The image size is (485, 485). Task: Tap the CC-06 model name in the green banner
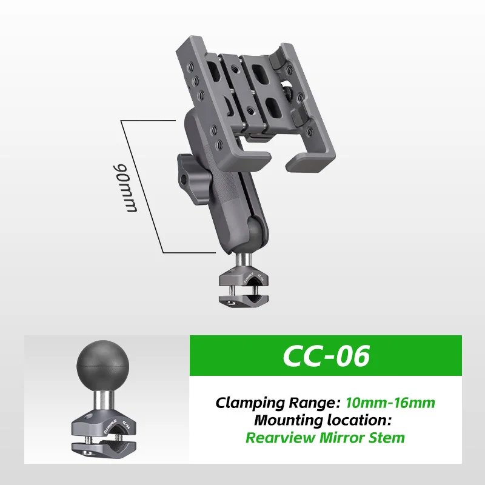pyautogui.click(x=326, y=356)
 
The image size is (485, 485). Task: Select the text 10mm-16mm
pyautogui.click(x=390, y=402)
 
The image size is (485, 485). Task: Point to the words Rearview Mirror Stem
pyautogui.click(x=325, y=437)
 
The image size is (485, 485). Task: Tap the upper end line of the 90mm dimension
pyautogui.click(x=149, y=121)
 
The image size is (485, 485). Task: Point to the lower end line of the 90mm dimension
pyautogui.click(x=188, y=252)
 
